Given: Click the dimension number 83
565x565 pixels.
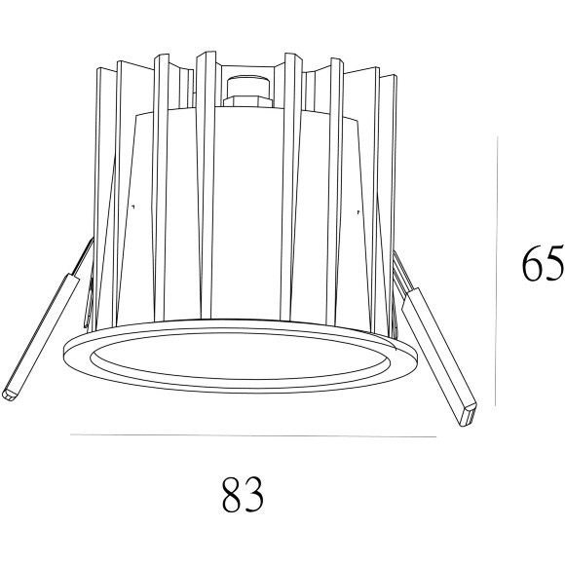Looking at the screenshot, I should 243,494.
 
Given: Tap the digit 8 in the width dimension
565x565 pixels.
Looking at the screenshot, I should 230,494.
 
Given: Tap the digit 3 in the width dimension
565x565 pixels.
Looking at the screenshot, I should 255,494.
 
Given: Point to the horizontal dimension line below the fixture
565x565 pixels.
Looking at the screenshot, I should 253,435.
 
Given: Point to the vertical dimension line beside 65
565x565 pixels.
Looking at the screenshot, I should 498,273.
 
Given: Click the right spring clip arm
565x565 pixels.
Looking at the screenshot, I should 438,351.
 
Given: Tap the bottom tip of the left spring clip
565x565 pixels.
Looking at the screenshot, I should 11,395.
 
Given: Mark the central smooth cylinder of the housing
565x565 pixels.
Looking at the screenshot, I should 248,214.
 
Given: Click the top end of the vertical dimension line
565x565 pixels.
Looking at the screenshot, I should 498,137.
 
